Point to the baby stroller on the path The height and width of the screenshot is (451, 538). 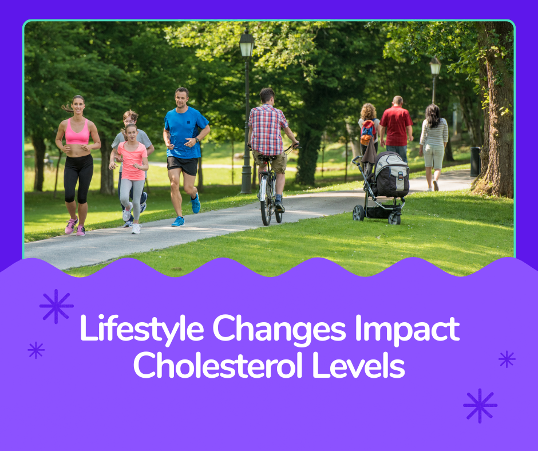tap(383, 186)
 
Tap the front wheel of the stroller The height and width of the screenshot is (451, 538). tap(359, 213)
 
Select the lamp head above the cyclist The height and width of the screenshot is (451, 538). tap(247, 45)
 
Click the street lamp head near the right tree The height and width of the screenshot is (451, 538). tap(436, 66)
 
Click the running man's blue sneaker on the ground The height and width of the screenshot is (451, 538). tap(179, 221)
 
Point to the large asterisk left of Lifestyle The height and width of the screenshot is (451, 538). tap(56, 306)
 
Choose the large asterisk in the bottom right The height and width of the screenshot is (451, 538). tap(480, 406)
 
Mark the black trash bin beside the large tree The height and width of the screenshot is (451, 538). tap(475, 161)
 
